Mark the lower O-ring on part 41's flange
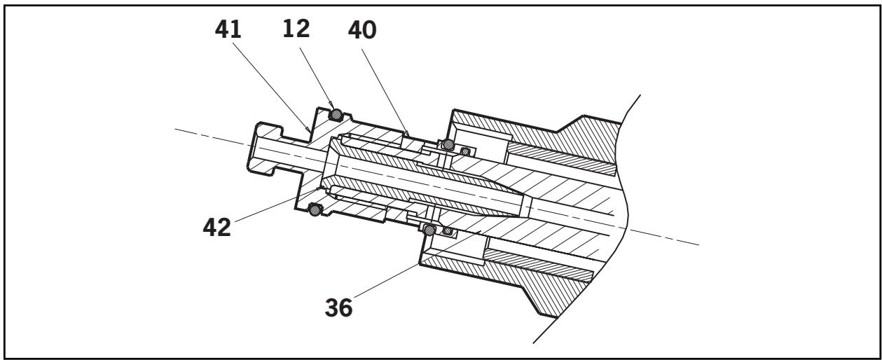pyautogui.click(x=315, y=209)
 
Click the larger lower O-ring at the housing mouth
pyautogui.click(x=430, y=230)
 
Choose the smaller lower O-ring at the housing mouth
pyautogui.click(x=448, y=231)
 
